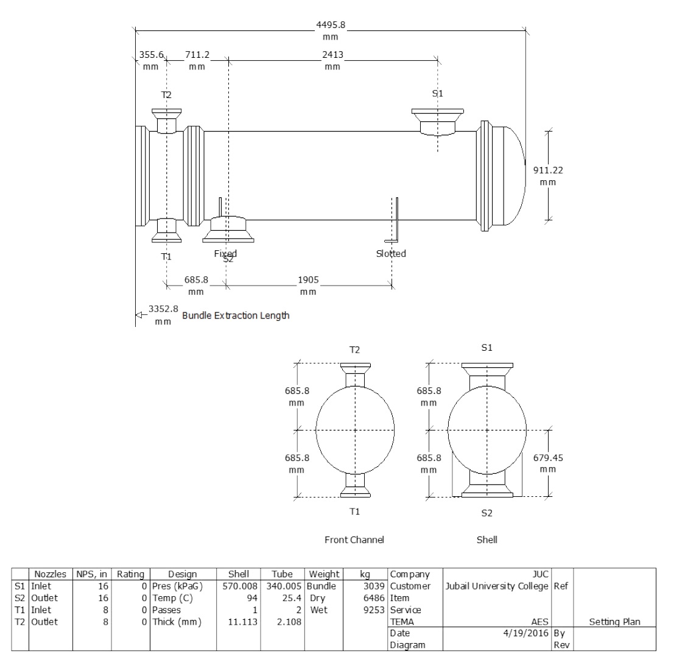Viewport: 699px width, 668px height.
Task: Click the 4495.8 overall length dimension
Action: pyautogui.click(x=331, y=31)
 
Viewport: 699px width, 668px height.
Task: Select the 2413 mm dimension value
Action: pyautogui.click(x=332, y=60)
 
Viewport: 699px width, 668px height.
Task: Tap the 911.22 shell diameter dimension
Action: pyautogui.click(x=548, y=176)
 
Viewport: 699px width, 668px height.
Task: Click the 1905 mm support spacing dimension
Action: pyautogui.click(x=308, y=286)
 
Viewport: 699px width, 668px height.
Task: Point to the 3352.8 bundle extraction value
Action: pyautogui.click(x=163, y=314)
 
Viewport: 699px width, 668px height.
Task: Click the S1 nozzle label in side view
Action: pyautogui.click(x=437, y=94)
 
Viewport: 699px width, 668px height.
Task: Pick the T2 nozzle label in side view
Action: pyautogui.click(x=166, y=95)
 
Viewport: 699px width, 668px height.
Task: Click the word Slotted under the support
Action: pyautogui.click(x=391, y=254)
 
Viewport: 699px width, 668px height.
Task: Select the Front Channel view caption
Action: pyautogui.click(x=354, y=540)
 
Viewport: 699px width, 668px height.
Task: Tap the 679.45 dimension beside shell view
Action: pyautogui.click(x=548, y=463)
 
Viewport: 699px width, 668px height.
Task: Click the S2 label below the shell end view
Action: pyautogui.click(x=487, y=513)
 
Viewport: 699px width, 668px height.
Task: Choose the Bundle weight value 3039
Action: pyautogui.click(x=374, y=586)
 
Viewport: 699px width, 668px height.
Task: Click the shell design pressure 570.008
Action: pyautogui.click(x=240, y=586)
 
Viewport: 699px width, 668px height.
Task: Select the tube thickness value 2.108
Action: pyautogui.click(x=289, y=622)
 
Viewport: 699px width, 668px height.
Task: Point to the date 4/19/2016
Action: pyautogui.click(x=525, y=633)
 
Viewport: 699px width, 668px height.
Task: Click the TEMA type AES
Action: pyautogui.click(x=540, y=622)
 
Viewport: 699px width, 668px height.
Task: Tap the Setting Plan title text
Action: pyautogui.click(x=615, y=622)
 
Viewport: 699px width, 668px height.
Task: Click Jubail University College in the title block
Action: pyautogui.click(x=497, y=586)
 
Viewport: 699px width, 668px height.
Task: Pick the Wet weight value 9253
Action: pyautogui.click(x=374, y=610)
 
